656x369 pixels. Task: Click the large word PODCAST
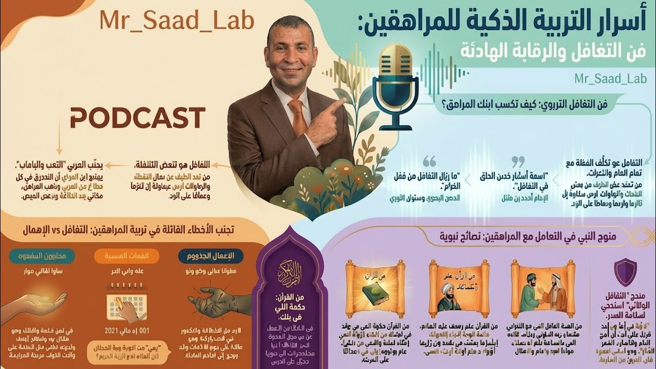point(137,118)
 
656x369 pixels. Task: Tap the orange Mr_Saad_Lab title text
point(177,22)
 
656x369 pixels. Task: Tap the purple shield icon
point(625,272)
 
